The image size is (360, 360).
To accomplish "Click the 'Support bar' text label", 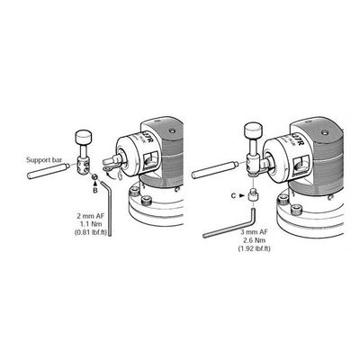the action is click(44, 159).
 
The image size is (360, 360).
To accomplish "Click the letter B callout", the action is click(95, 191).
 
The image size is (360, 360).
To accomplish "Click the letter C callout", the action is click(233, 196).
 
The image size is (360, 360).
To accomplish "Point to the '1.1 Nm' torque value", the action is click(92, 224).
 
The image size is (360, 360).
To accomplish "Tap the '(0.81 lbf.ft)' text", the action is click(90, 232).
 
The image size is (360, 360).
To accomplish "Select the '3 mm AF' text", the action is click(254, 232).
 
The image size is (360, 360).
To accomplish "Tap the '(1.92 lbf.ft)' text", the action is click(254, 248).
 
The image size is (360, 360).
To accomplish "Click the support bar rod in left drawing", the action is click(49, 171).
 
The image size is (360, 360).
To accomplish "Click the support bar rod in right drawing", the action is click(215, 170).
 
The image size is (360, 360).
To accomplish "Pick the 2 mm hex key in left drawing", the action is click(108, 207).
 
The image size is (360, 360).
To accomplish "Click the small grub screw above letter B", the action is click(94, 176).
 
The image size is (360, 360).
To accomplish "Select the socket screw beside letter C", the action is click(253, 194).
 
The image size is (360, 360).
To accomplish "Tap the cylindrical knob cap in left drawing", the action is click(84, 137).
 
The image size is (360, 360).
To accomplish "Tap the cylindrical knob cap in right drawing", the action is click(254, 130).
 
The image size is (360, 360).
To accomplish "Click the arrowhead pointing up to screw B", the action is click(95, 184).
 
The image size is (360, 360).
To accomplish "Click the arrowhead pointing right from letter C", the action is click(242, 196).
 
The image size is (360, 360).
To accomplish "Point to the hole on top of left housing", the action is click(172, 130).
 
